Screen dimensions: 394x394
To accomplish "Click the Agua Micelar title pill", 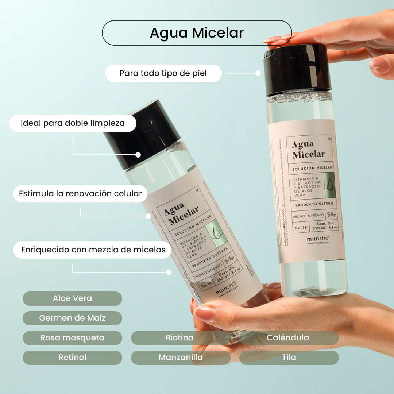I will (197, 33).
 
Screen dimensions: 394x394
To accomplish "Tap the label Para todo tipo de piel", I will (163, 73).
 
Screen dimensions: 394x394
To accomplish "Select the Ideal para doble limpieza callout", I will (73, 123).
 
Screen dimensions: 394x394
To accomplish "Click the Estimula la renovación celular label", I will (80, 193).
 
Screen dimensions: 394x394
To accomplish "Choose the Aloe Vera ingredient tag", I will (72, 298).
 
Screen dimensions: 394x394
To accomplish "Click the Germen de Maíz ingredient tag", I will (72, 318).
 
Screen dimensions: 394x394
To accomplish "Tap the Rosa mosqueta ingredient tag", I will (72, 338).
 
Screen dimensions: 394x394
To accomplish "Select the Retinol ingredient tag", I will (72, 358).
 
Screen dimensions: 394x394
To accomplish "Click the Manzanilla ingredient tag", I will (180, 358).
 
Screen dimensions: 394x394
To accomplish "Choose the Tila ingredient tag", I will (289, 358).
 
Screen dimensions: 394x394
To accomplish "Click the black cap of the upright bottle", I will (297, 69).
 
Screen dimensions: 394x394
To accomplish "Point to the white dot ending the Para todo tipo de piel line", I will (258, 73).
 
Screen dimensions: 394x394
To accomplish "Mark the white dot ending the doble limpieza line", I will (138, 155).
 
